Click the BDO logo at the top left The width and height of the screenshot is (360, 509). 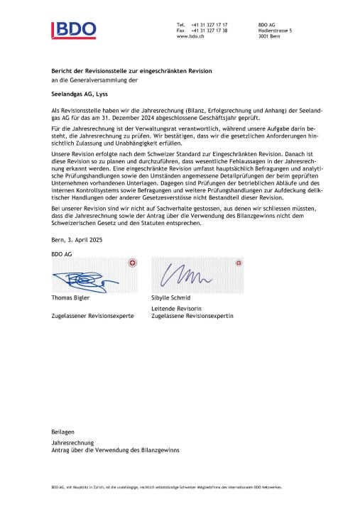(x=74, y=30)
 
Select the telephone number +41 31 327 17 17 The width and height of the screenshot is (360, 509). (x=209, y=25)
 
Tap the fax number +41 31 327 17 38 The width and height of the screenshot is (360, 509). (x=209, y=31)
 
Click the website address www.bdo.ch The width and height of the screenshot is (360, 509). (x=191, y=36)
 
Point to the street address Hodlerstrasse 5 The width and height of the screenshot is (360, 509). (x=276, y=31)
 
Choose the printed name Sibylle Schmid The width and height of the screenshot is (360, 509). (x=172, y=298)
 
